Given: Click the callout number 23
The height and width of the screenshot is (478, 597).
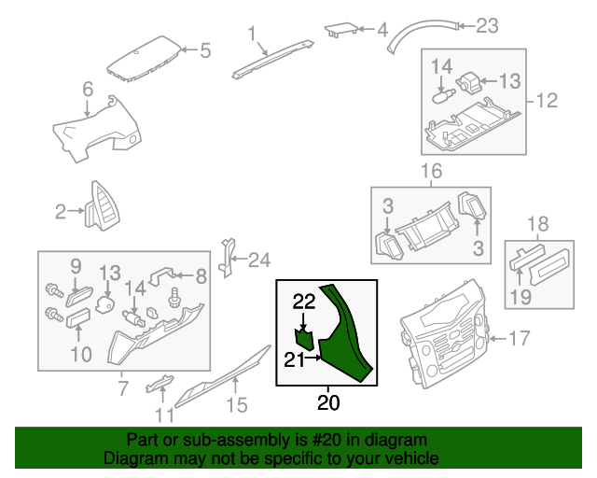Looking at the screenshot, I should point(487,25).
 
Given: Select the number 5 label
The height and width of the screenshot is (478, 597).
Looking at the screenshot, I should point(204,49).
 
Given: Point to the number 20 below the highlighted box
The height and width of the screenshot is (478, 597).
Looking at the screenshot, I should point(328,403).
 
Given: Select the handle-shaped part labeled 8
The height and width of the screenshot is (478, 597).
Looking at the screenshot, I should point(163,274).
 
